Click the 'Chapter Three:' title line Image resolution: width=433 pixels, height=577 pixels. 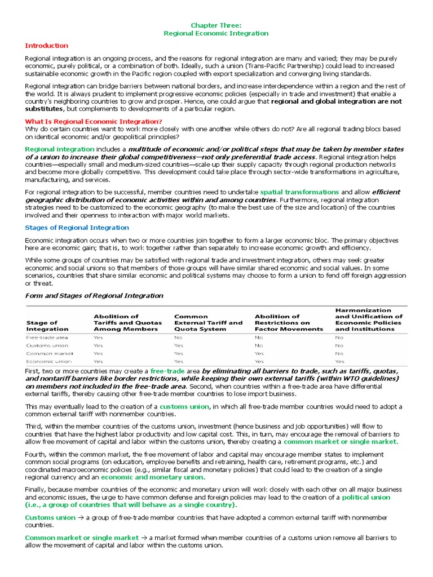[216, 25]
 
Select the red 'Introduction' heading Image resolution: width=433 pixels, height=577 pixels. [47, 46]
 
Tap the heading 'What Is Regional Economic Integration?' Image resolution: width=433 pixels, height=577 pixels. [94, 122]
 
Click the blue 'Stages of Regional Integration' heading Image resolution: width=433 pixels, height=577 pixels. [77, 228]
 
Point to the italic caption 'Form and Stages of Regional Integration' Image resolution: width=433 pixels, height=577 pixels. [94, 296]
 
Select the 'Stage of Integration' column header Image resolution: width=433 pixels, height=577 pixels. [47, 326]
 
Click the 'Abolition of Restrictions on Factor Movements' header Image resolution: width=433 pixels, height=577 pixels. [289, 323]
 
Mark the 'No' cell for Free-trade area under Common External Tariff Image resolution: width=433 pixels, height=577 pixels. [178, 337]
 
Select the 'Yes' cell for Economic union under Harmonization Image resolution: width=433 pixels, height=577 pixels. [339, 362]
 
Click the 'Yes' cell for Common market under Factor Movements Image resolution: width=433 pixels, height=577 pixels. [259, 353]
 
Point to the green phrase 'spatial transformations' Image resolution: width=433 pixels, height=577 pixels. [299, 192]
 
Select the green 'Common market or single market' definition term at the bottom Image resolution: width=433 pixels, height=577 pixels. [82, 538]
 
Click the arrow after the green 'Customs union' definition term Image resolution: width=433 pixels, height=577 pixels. [81, 517]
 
